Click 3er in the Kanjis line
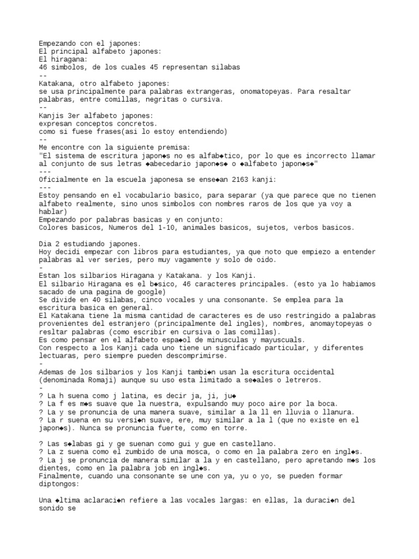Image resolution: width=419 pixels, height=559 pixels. click(74, 116)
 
